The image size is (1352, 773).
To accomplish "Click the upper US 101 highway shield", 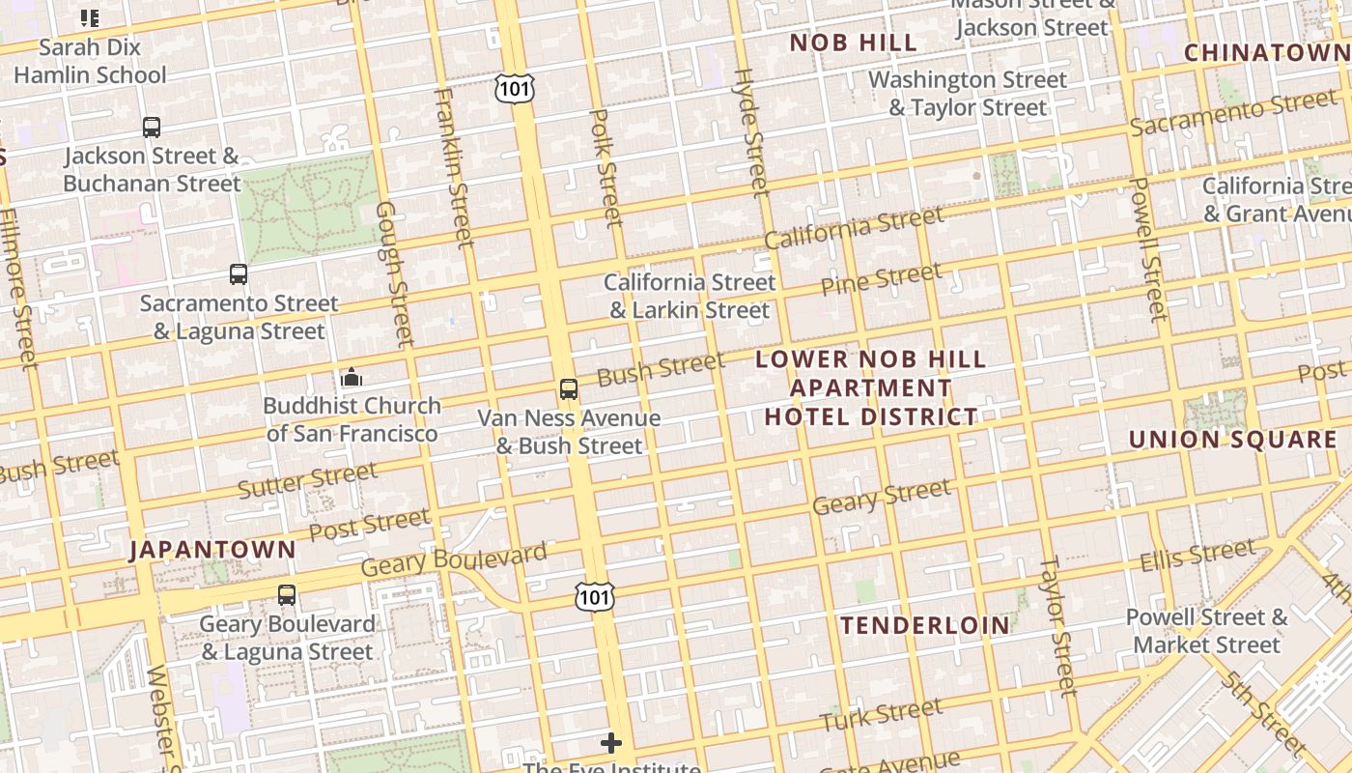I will coord(514,89).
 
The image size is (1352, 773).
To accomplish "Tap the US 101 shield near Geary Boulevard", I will coord(594,597).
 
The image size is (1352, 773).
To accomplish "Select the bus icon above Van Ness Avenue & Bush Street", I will coord(569,389).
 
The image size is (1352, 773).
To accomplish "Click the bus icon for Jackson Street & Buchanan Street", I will coord(152,127).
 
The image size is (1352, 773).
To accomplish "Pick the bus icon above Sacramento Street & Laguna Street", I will coord(239,274).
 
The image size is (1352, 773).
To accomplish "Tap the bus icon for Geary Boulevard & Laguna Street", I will coord(287,595).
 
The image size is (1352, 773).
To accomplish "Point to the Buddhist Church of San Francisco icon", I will coord(352,377).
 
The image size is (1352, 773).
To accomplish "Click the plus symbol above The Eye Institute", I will coord(611,743).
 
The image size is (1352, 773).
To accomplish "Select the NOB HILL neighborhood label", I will coord(854,43).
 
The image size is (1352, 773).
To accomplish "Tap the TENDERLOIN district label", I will coord(925,625).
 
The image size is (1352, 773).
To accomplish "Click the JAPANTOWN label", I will coord(213,550).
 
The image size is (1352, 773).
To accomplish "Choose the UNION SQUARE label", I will coord(1233,440).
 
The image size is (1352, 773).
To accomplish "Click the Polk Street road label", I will coord(606,168).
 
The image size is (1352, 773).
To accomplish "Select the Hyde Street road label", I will coord(750,131).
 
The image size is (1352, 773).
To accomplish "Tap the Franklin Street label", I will coord(454,166).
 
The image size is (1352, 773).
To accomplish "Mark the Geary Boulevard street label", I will coord(454,558).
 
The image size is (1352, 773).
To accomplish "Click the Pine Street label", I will coord(880,279).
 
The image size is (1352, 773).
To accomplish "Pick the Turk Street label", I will coord(881,715).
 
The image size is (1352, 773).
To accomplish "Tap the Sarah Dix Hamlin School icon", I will coord(90,17).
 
